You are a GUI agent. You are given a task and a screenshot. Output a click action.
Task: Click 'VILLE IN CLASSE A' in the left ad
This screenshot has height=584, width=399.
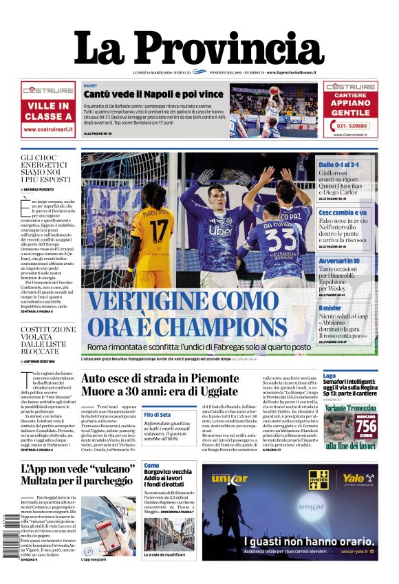tap(48, 111)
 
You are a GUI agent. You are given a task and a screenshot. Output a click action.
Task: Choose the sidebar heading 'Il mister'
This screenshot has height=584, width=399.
tap(330, 307)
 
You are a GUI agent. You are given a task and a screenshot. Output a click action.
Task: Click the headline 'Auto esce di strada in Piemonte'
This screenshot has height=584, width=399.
tap(160, 378)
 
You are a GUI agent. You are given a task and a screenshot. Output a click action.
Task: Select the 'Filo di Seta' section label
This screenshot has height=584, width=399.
tap(157, 415)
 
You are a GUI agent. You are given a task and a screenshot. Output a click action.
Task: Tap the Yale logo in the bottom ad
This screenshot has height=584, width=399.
tap(353, 477)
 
